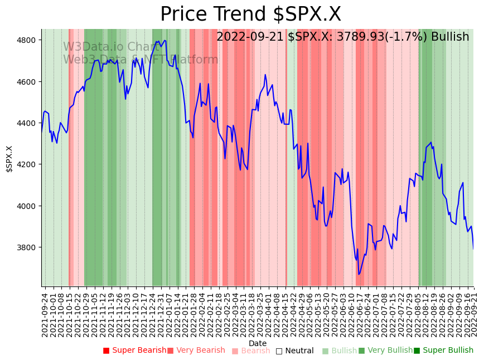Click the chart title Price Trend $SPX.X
click(250, 14)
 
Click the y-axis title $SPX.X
click(9, 158)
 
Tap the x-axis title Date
click(258, 343)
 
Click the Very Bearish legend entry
click(196, 351)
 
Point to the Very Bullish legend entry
click(385, 351)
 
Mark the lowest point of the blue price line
click(359, 274)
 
